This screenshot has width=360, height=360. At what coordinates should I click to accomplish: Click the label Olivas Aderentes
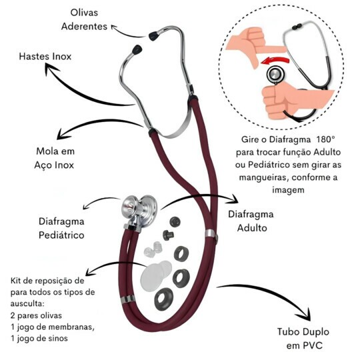pos(84,20)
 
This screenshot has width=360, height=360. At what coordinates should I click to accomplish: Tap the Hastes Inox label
pos(45,57)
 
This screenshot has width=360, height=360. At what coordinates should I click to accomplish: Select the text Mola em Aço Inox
pos(55,158)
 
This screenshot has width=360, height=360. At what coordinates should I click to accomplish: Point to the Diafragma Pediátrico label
pos(61,229)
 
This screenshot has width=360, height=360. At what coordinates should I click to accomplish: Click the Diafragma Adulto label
pos(251,221)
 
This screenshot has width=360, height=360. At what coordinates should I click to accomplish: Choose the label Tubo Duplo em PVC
pos(303,339)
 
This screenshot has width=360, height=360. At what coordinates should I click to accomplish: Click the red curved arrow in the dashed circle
pos(275,61)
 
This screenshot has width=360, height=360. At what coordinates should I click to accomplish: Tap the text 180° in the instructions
pos(326,139)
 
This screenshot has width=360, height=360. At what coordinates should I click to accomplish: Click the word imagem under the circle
pos(289,190)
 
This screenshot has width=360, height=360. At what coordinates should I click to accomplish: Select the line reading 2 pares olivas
pos(36,315)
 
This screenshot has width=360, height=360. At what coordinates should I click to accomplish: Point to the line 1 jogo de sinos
pos(39,339)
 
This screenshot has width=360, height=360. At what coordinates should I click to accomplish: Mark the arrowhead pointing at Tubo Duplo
pos(305,313)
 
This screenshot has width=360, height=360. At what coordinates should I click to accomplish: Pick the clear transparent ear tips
pos(153,249)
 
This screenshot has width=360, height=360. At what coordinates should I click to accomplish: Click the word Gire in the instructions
pos(250,139)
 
